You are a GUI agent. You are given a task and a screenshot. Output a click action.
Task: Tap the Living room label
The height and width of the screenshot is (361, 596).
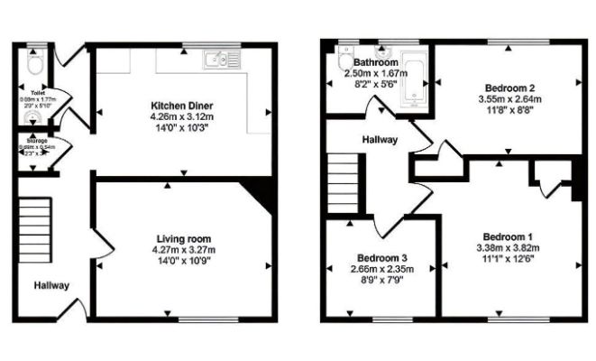183,238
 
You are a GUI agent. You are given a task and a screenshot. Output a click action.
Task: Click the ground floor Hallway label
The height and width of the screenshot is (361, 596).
51,285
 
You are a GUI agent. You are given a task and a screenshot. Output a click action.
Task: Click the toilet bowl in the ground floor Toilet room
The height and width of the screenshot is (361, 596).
35,65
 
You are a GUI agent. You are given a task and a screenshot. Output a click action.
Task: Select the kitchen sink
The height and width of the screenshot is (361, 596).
216,60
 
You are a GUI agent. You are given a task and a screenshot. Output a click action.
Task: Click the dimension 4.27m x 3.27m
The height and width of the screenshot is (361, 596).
183,250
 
